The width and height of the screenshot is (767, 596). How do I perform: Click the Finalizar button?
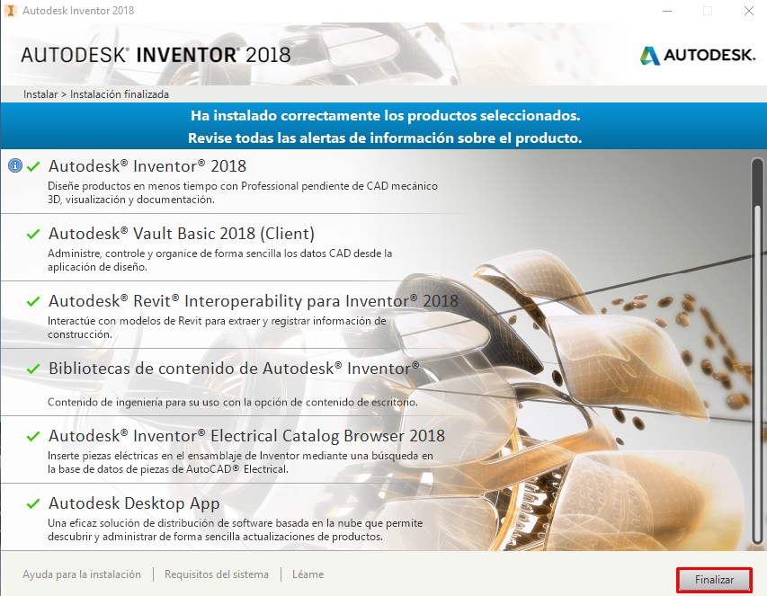point(714,580)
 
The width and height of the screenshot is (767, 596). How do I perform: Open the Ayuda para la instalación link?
point(82,574)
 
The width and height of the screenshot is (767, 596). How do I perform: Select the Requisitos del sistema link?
point(216,574)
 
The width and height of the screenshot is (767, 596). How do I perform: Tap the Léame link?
point(308,574)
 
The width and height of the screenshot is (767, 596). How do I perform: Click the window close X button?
point(748,11)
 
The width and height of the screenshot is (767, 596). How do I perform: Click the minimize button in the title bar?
point(667,11)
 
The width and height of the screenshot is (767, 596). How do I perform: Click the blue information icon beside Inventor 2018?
point(15,165)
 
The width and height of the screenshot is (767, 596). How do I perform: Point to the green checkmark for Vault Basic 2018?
point(33,235)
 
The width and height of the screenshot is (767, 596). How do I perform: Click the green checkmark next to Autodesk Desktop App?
point(33,503)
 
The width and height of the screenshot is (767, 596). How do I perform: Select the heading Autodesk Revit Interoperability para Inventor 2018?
point(254,301)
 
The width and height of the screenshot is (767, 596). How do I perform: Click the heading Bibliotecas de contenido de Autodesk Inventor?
point(234,369)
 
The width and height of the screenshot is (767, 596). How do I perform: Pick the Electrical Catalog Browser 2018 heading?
point(246,436)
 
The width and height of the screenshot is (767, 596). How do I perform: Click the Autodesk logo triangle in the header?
point(649,56)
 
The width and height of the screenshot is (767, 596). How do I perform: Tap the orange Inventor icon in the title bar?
point(10,10)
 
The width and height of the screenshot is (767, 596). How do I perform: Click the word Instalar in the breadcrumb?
point(40,94)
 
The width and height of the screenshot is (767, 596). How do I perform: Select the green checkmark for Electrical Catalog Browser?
point(33,436)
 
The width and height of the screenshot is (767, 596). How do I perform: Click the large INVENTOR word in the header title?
point(186,55)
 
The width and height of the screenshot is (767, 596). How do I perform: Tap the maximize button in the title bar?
point(708,11)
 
